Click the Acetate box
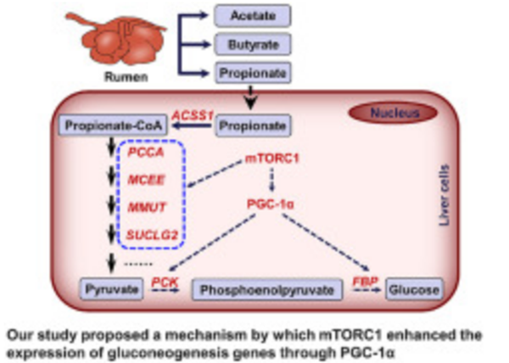point(252,14)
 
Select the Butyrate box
point(252,42)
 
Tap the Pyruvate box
point(110,289)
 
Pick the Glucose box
point(415,289)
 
